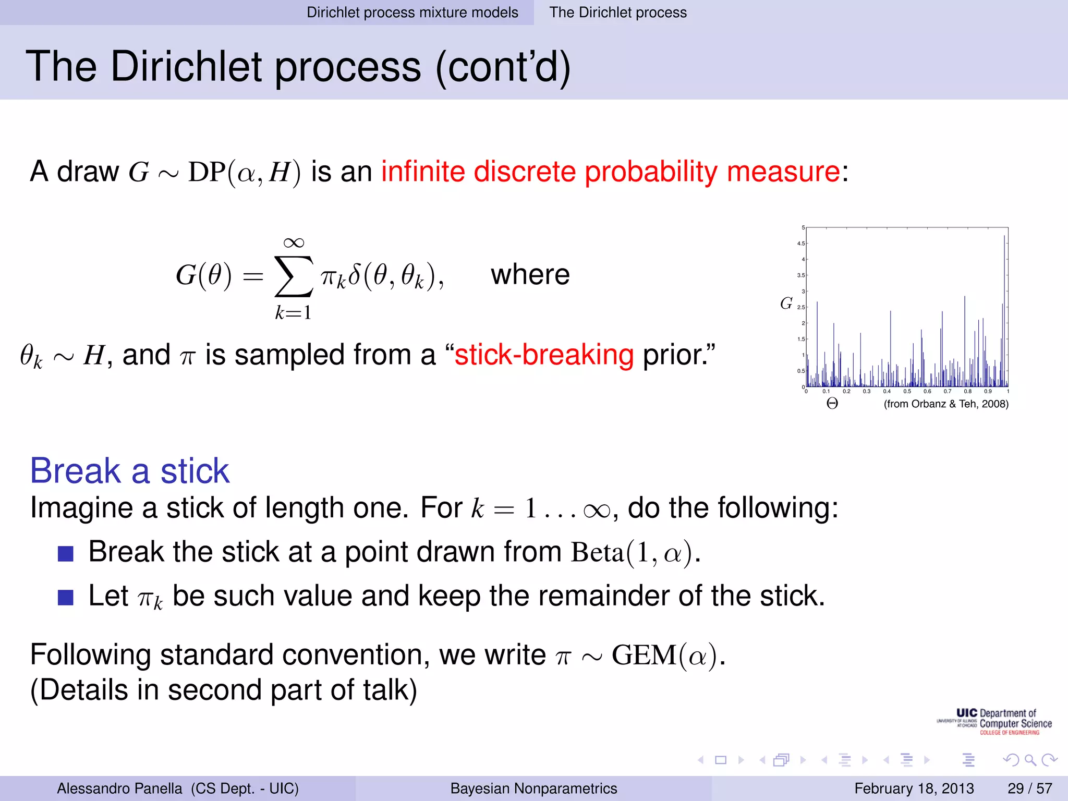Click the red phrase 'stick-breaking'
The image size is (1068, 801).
tap(544, 355)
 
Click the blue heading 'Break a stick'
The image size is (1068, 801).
tap(130, 471)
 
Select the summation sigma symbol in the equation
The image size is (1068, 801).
tap(294, 277)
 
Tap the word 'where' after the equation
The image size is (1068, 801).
tap(530, 275)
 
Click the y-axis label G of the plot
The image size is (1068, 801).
tap(786, 303)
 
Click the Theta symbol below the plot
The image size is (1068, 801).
tap(832, 404)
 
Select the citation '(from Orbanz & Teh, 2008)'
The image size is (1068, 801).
tap(946, 404)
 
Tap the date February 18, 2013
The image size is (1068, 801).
tap(914, 788)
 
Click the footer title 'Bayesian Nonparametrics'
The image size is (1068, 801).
tap(533, 788)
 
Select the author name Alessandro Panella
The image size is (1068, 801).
tap(119, 788)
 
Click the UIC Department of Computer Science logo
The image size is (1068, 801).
tap(994, 722)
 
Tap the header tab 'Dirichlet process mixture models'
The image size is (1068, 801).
tap(412, 12)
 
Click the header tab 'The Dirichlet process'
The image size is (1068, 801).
tap(618, 12)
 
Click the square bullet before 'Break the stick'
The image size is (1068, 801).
tap(66, 553)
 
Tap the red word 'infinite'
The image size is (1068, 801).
tap(423, 172)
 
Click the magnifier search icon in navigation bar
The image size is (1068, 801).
tap(1030, 760)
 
